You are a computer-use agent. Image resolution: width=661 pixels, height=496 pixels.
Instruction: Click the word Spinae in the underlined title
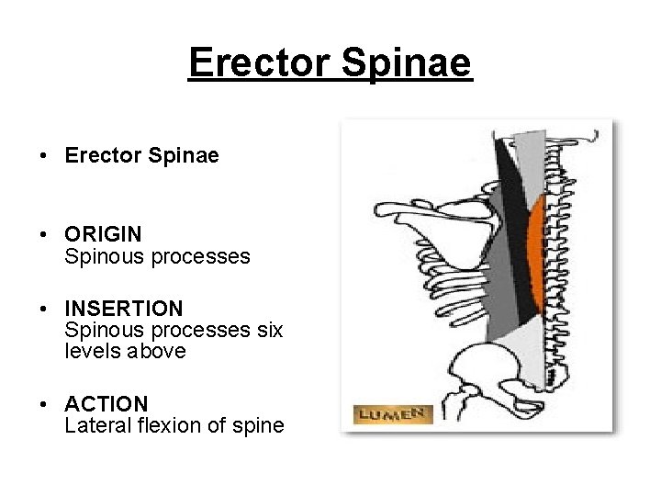coord(405,62)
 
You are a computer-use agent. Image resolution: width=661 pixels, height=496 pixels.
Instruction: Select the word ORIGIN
coord(103,235)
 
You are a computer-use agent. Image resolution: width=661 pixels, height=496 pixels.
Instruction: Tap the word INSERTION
coord(124,309)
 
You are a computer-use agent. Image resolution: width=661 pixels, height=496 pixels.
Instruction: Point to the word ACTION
coord(106,404)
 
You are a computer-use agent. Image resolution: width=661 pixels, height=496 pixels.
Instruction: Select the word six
coord(269,330)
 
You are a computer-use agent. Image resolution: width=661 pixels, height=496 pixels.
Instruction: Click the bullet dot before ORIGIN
coord(44,235)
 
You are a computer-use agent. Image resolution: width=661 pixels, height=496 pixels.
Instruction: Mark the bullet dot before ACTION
coord(44,404)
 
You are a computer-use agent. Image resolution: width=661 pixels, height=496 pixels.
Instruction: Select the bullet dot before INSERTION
coord(44,309)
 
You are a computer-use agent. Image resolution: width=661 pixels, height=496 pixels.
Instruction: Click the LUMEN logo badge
coord(391,415)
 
